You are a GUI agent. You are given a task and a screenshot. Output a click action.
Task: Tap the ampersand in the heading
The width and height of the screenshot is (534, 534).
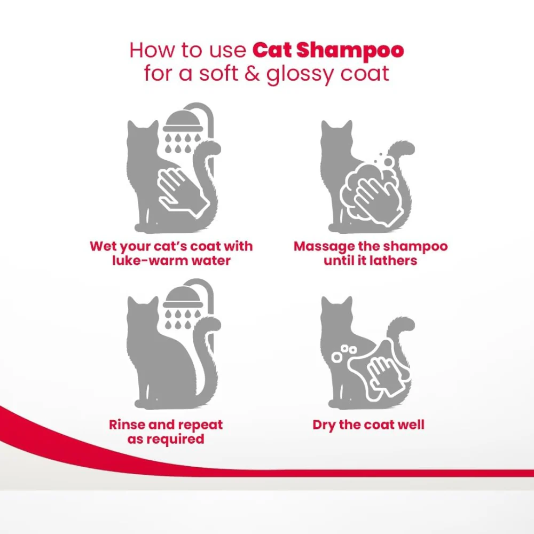[252, 74]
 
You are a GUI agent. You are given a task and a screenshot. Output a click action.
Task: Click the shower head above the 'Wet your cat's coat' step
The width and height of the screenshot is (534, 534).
[183, 122]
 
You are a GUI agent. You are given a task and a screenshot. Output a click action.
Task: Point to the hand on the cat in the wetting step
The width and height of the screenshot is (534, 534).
[183, 192]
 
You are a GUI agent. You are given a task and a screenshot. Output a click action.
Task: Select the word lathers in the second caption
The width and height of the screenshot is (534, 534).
[394, 261]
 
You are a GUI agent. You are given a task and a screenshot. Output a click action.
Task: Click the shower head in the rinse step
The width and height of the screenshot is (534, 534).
[183, 297]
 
